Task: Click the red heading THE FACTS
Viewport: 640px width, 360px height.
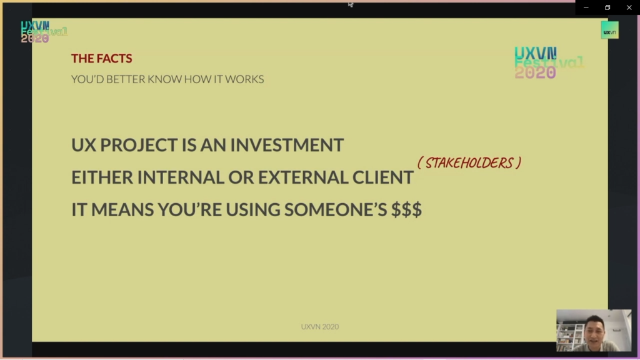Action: point(102,58)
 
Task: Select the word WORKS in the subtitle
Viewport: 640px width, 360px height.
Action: point(244,79)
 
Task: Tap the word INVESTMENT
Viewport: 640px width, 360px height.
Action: point(287,145)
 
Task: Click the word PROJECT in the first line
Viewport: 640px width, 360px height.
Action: point(139,145)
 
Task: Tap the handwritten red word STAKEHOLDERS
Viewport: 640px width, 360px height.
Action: point(469,163)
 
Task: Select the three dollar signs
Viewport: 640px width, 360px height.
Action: point(406,209)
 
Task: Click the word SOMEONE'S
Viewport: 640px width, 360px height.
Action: point(336,210)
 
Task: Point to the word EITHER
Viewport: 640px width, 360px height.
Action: point(102,177)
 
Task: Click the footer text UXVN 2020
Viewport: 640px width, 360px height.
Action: point(320,326)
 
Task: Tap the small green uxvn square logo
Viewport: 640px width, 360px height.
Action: point(610,30)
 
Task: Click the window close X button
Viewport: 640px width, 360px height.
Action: point(629,7)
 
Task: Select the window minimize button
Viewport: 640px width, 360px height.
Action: point(586,7)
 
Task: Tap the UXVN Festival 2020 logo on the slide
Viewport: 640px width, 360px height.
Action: point(549,62)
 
